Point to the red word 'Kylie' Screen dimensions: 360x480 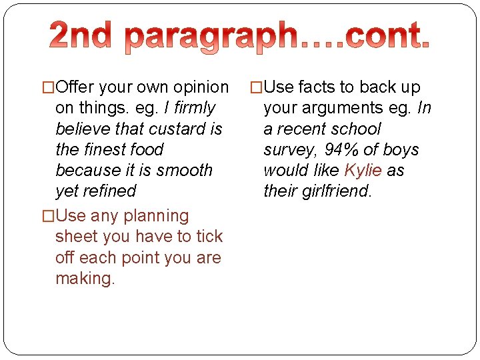pos(363,170)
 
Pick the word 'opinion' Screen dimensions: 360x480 pos(201,87)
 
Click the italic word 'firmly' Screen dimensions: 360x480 pos(194,108)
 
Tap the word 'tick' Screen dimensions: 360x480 pos(209,237)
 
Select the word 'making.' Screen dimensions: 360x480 pos(85,278)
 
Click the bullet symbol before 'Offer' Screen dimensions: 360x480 pos(49,87)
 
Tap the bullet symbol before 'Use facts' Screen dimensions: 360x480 pos(256,87)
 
